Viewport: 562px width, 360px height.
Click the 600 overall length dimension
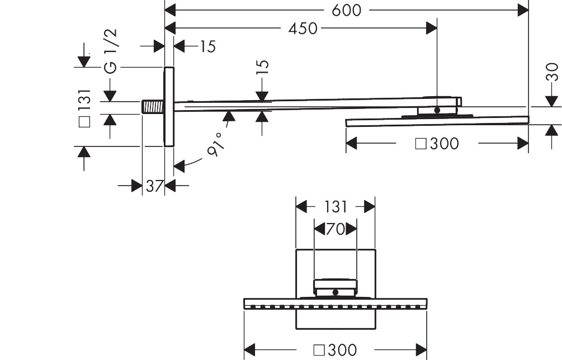click(347, 10)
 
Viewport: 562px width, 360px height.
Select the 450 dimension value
click(303, 28)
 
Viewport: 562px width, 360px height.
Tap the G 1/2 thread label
click(111, 51)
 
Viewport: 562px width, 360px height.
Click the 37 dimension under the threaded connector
click(154, 186)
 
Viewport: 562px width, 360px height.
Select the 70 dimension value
click(335, 229)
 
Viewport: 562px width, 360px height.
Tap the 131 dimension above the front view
click(336, 207)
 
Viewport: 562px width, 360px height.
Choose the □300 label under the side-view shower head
click(437, 144)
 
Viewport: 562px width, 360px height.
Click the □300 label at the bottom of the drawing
click(335, 350)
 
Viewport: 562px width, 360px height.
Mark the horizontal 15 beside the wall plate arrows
click(207, 46)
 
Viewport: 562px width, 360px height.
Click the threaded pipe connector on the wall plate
click(153, 107)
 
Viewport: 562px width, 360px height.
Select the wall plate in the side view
click(168, 106)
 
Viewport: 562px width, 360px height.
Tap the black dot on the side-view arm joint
click(437, 110)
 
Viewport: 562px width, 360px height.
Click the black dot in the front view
click(334, 292)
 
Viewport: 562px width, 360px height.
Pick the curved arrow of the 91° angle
click(190, 162)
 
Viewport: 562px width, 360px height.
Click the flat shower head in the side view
click(437, 120)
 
